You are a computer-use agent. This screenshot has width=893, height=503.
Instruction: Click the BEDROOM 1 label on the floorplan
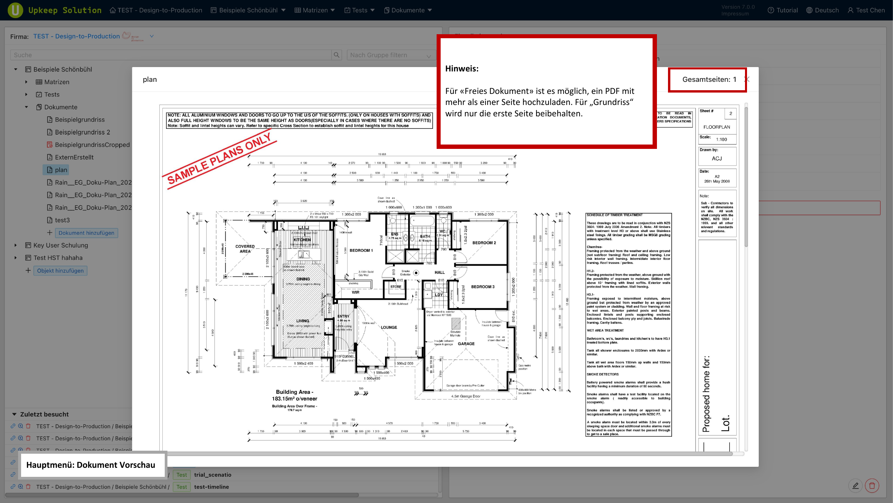(361, 250)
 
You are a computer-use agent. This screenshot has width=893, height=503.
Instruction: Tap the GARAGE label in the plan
(466, 344)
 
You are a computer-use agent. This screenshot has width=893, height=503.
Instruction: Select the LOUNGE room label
(389, 327)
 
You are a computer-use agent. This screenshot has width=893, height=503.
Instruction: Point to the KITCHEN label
(302, 240)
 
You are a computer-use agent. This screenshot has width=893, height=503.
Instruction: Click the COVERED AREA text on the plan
(245, 248)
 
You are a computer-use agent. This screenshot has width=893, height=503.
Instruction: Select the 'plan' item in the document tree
(61, 170)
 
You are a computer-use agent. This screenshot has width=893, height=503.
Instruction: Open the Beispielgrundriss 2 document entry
(82, 132)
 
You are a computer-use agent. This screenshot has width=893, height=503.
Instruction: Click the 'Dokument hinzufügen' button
(86, 233)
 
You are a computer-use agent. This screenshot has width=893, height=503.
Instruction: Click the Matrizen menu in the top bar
(315, 10)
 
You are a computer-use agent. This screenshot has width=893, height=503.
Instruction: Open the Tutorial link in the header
(783, 10)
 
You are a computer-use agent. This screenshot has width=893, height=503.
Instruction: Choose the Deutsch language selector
(823, 10)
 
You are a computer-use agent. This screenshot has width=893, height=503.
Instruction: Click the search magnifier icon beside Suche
(336, 55)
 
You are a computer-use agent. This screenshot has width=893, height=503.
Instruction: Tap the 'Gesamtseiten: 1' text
(709, 79)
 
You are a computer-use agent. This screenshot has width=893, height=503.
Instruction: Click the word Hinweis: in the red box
(462, 68)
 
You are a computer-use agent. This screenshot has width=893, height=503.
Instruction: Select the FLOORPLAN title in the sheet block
(717, 127)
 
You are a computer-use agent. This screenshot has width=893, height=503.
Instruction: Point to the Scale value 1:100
(722, 139)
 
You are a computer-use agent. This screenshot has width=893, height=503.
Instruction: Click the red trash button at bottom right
(872, 486)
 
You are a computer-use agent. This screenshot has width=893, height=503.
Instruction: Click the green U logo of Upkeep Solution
(15, 10)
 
